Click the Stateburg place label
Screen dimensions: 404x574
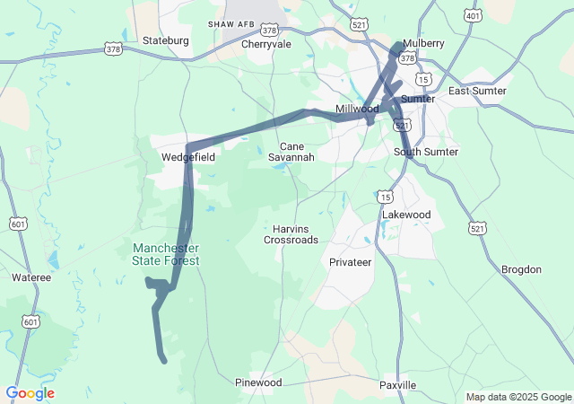click(x=167, y=40)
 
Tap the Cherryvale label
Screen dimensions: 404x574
click(x=266, y=43)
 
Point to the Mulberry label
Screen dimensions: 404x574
click(x=423, y=43)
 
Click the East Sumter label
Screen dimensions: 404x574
click(x=477, y=91)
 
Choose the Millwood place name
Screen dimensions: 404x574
click(x=357, y=109)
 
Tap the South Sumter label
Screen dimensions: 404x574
click(x=426, y=152)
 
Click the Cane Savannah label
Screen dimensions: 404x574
click(x=291, y=152)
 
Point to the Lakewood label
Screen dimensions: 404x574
click(x=406, y=215)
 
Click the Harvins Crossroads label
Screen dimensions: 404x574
click(x=291, y=233)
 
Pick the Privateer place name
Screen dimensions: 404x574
click(x=350, y=262)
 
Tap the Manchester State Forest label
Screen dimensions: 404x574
click(x=166, y=254)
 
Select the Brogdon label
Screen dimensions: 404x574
click(x=521, y=269)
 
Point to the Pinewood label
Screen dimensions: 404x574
click(x=258, y=382)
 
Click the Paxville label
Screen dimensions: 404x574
click(x=397, y=385)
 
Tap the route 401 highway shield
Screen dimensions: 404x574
click(x=473, y=16)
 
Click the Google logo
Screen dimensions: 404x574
click(x=30, y=393)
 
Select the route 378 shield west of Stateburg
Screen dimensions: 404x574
click(x=113, y=49)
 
